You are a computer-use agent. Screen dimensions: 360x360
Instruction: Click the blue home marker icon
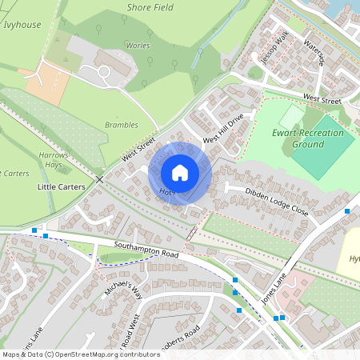tap(180, 172)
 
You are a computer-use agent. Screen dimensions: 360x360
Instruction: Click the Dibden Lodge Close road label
tap(277, 201)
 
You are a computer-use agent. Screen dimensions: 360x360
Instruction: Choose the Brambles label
tap(121, 125)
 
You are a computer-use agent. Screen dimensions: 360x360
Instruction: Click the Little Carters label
tap(62, 186)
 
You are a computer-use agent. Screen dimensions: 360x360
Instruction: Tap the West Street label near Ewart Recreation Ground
tap(322, 98)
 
